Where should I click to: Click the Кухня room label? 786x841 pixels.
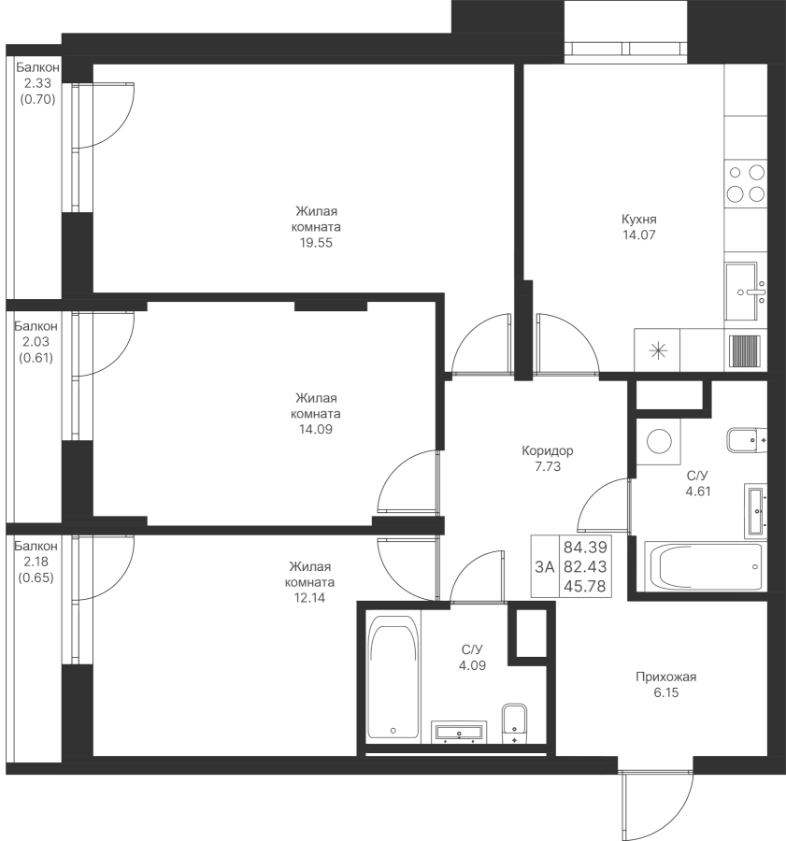[639, 219]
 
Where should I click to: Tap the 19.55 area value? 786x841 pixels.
[316, 242]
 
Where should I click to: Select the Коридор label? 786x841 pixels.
[548, 450]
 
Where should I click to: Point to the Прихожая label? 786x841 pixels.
[665, 677]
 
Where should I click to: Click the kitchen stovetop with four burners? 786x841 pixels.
[745, 183]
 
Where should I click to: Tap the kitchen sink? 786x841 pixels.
[745, 292]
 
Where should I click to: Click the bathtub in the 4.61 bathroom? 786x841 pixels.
[705, 567]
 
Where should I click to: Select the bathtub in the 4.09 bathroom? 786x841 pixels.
[393, 678]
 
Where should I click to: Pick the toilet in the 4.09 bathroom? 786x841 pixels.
[515, 723]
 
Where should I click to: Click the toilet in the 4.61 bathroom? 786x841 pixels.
[747, 440]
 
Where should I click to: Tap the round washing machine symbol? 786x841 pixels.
[659, 441]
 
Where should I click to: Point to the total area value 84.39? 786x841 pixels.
[585, 547]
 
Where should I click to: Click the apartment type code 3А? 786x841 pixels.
[545, 566]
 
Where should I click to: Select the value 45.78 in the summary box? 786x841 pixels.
[585, 586]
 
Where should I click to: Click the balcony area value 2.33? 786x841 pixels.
[37, 83]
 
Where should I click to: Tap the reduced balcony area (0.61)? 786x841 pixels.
[36, 357]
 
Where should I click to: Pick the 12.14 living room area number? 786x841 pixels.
[309, 597]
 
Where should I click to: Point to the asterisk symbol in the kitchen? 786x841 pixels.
[658, 351]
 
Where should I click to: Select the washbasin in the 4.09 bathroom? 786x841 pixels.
[459, 732]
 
